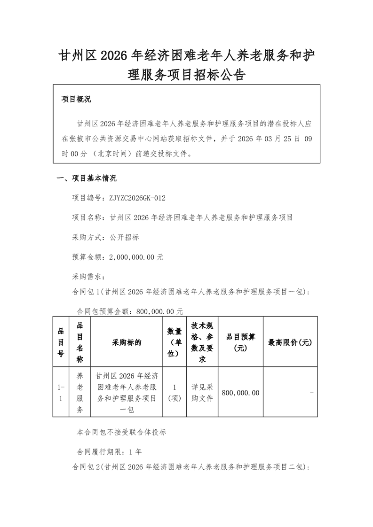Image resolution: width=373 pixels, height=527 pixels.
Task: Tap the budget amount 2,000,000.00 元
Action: tap(136, 257)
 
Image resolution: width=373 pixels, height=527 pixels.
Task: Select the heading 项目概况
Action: tap(76, 100)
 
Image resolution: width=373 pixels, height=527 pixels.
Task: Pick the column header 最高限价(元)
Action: tap(290, 343)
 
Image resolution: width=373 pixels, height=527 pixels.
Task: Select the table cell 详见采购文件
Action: tap(202, 393)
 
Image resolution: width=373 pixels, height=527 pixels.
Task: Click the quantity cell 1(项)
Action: tap(175, 393)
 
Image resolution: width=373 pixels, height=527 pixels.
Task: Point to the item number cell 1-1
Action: tap(61, 393)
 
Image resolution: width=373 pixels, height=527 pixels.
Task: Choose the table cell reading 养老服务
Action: tap(79, 393)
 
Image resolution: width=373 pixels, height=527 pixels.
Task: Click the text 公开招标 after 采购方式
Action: tap(124, 237)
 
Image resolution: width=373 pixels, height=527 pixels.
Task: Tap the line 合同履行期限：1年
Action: tap(109, 452)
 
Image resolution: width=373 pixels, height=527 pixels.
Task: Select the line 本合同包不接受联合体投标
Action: tap(121, 432)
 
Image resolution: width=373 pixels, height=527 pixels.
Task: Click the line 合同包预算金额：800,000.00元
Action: tap(130, 311)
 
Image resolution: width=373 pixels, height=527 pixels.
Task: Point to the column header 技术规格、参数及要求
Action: tap(202, 343)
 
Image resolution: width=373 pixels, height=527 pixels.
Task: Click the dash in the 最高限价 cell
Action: tap(311, 393)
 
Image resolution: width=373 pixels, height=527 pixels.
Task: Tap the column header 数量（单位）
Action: tap(175, 343)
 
